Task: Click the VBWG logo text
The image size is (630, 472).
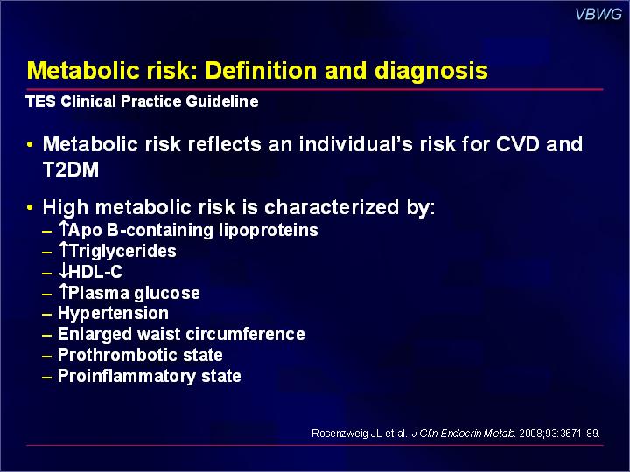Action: click(598, 14)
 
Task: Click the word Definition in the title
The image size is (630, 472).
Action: click(261, 71)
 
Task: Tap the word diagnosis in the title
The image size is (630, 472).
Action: click(431, 72)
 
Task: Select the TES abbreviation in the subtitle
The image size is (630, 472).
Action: click(40, 101)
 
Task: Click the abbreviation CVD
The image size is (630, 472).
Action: click(517, 144)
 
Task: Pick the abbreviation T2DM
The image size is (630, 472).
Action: click(71, 170)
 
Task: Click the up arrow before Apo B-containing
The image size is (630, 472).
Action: click(64, 228)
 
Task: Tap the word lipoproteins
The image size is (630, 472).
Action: click(269, 231)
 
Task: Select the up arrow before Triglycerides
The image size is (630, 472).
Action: click(64, 249)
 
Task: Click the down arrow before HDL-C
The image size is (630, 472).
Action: click(64, 271)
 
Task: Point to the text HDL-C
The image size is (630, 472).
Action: click(95, 272)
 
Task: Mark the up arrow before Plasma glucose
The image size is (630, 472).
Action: click(64, 291)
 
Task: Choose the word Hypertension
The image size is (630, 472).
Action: click(113, 314)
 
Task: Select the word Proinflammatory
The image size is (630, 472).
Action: click(127, 377)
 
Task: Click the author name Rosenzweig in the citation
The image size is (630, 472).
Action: click(341, 434)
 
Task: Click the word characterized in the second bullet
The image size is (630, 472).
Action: click(332, 207)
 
